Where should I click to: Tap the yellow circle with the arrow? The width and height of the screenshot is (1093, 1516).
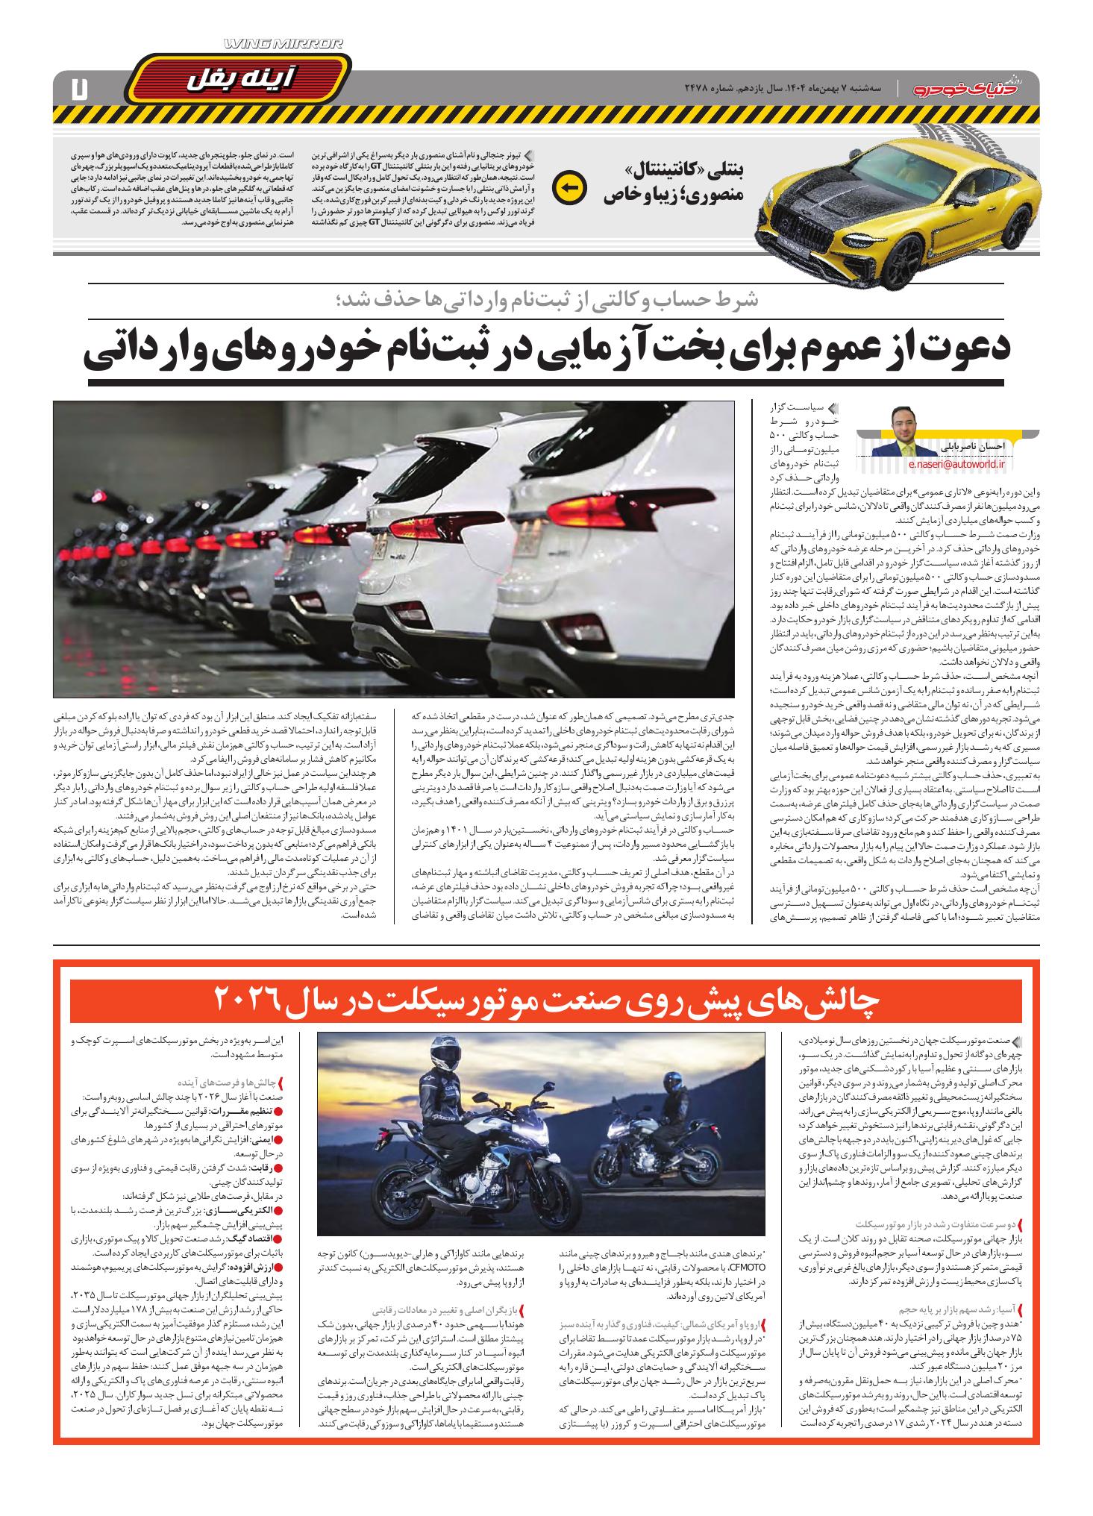[568, 189]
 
